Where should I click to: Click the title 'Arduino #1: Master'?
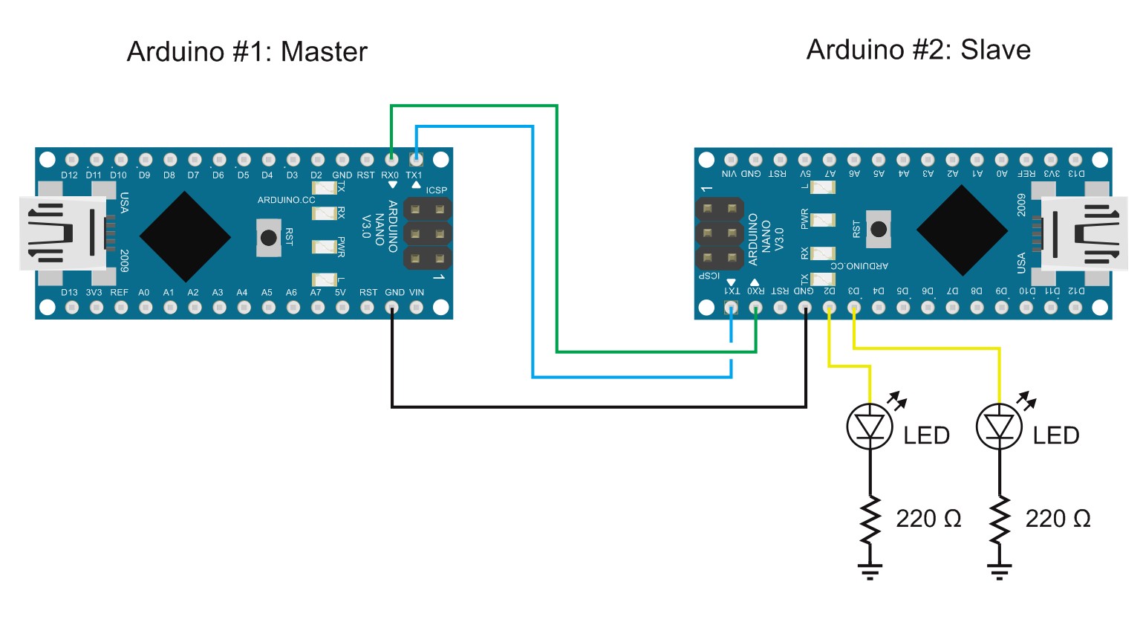247,52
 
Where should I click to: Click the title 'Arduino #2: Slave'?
918,50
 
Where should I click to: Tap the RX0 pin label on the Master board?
390,175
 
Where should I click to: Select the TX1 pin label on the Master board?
414,175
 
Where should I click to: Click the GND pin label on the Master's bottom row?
394,292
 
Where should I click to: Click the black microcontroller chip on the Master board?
185,237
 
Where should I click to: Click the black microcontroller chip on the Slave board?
962,230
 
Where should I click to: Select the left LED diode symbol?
870,427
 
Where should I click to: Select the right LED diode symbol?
999,427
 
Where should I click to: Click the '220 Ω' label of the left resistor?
928,519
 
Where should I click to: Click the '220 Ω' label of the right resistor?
1058,519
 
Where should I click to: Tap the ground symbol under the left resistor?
870,571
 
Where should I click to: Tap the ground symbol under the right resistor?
999,571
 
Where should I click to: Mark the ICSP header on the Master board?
427,234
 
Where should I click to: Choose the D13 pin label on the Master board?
69,292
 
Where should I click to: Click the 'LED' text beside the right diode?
1055,435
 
